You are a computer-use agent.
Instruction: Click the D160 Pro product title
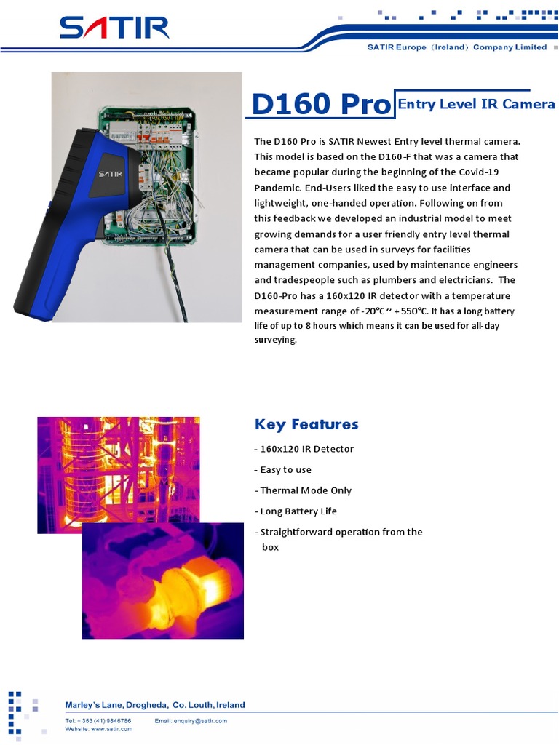[320, 105]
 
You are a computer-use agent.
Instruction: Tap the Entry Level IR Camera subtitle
[476, 104]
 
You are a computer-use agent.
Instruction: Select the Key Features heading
[306, 424]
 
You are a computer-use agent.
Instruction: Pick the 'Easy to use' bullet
[285, 470]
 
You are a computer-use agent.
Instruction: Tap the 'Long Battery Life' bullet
[298, 511]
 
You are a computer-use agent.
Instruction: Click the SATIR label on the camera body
[111, 174]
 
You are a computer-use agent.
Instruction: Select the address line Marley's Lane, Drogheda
[155, 705]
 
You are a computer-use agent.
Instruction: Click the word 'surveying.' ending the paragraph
[276, 340]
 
